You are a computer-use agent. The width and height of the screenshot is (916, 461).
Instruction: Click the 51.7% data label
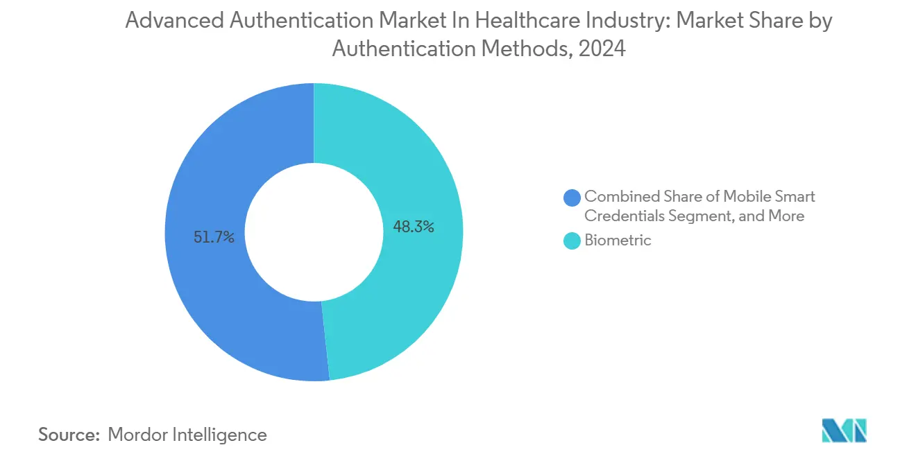[214, 238]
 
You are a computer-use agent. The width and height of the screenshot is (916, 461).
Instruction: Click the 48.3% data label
[414, 227]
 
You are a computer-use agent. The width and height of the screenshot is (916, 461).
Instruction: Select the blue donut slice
[208, 291]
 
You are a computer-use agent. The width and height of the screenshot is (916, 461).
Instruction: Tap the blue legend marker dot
[572, 198]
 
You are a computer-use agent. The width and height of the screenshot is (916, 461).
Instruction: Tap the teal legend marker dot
[572, 241]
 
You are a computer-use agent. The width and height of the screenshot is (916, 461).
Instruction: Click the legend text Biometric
[618, 241]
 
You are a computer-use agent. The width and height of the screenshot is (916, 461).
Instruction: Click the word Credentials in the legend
[624, 216]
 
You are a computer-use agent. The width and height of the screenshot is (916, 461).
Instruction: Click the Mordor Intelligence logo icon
[844, 430]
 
